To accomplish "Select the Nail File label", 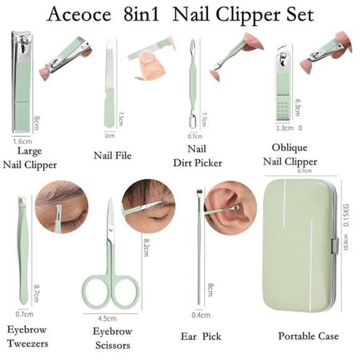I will [x=112, y=155].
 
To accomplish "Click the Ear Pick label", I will [x=202, y=336].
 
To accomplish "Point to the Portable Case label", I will [x=308, y=336].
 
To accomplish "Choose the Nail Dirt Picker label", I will [x=196, y=155].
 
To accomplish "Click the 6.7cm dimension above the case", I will [x=304, y=171].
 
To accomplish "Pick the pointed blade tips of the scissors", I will [x=109, y=205].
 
